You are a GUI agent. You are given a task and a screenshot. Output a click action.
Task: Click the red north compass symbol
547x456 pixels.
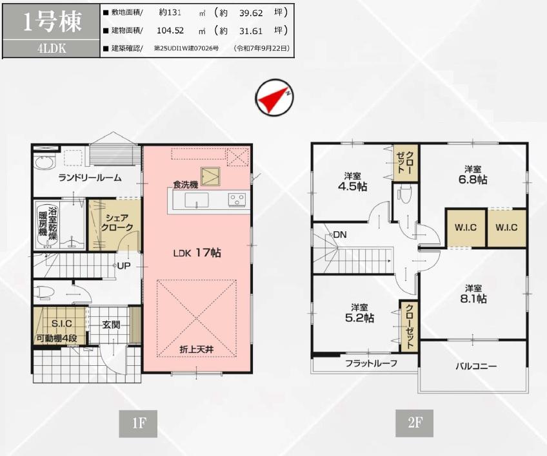pos(274,97)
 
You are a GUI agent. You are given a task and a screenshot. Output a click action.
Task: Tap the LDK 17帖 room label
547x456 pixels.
pos(197,252)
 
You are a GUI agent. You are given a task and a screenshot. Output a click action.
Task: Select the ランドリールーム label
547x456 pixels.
pos(90,178)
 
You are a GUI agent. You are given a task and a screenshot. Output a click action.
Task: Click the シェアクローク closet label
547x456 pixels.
pos(117,223)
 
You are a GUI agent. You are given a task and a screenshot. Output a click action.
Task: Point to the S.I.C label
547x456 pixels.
pos(62,323)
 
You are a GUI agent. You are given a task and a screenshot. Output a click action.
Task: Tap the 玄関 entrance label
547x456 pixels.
pos(112,325)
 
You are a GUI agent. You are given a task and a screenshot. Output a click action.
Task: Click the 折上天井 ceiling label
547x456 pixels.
pos(196,349)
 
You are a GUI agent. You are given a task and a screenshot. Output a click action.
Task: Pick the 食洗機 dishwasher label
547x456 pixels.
pos(186,185)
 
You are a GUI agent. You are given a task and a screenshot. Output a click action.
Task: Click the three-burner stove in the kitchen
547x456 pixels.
pos(237,200)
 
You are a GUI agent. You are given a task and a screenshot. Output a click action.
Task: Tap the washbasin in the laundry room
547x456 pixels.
pos(45,164)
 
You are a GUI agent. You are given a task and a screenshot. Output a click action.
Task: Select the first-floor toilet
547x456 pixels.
pos(44,292)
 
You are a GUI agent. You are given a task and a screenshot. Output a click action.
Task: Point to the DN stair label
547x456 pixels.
pos(340,235)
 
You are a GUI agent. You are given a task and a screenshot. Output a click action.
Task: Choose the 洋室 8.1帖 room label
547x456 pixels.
pos(473,294)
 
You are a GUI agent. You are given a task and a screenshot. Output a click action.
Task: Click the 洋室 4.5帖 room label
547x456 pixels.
pos(353,182)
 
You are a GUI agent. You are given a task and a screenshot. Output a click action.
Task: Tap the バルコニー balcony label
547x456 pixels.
pos(476,366)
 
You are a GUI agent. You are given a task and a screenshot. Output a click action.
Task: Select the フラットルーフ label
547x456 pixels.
pos(371,363)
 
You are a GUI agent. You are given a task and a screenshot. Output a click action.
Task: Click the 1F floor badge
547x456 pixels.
pos(138,423)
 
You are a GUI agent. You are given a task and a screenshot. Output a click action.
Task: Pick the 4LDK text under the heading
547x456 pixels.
pos(52,48)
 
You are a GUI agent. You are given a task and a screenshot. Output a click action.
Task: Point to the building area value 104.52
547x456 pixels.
pos(170,30)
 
